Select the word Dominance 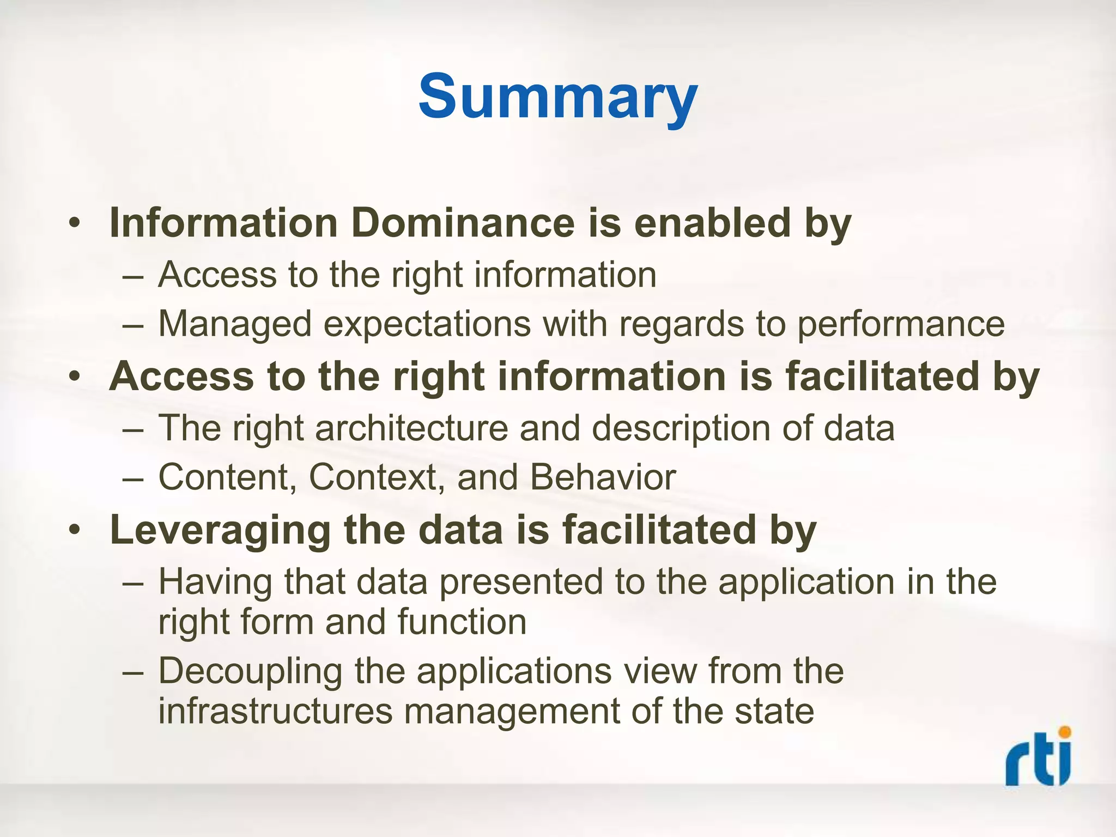pyautogui.click(x=463, y=223)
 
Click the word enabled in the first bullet pyautogui.click(x=712, y=223)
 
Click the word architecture pyautogui.click(x=411, y=428)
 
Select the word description pyautogui.click(x=681, y=428)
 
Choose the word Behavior pyautogui.click(x=603, y=478)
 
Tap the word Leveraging pyautogui.click(x=220, y=530)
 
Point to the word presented pyautogui.click(x=520, y=582)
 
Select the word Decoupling pyautogui.click(x=250, y=672)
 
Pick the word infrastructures pyautogui.click(x=275, y=711)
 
